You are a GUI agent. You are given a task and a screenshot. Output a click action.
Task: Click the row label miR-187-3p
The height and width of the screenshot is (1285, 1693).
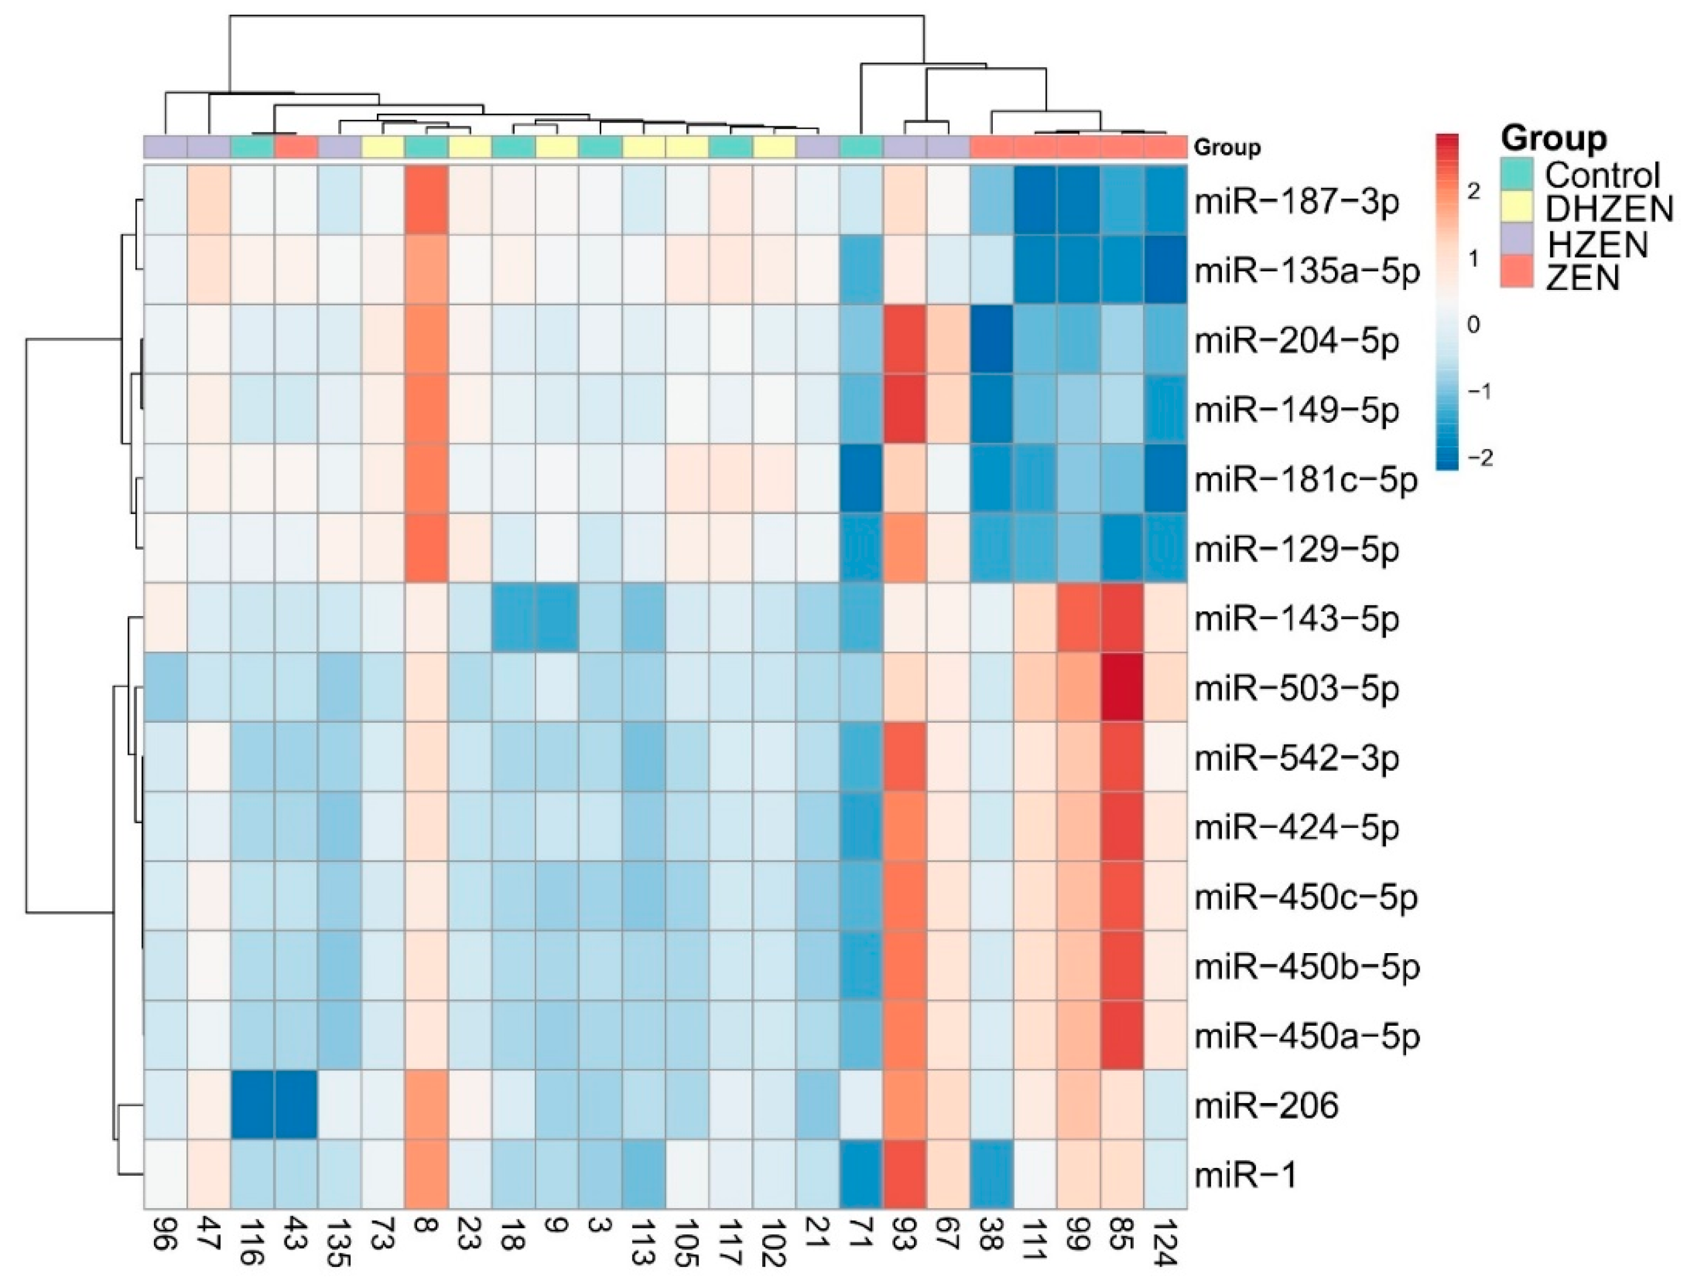1296,202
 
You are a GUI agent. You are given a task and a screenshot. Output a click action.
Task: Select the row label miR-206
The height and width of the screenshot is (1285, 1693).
1266,1105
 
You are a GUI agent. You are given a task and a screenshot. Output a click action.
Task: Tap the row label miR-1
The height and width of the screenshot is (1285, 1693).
1245,1175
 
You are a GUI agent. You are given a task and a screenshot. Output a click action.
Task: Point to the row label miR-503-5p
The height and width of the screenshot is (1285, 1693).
1296,688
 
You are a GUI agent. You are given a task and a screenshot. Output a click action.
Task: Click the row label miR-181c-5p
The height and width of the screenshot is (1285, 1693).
1306,480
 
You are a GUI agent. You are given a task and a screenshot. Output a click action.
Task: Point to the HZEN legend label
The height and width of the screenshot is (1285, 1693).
1596,243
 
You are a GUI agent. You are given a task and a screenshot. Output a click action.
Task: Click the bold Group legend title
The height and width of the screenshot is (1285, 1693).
1554,139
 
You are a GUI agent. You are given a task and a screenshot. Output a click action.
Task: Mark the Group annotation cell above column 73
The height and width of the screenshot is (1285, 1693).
382,146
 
